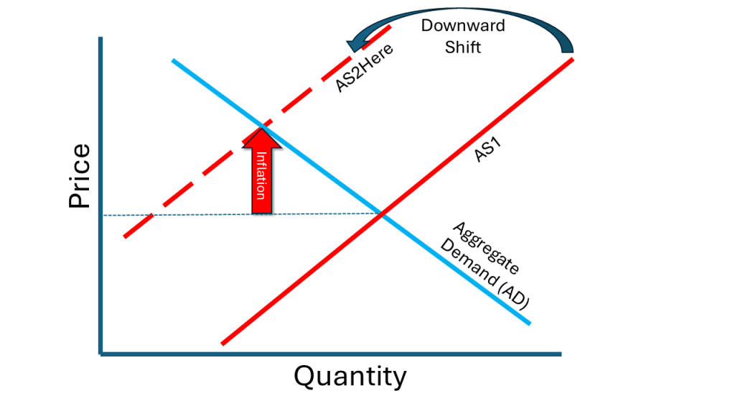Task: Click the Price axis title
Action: (80, 177)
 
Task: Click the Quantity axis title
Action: (350, 376)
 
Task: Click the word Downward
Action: (463, 26)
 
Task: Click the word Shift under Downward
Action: (463, 47)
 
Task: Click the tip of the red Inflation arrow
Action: (262, 129)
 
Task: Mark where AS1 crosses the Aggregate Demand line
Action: (381, 213)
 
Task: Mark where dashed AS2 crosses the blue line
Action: (262, 126)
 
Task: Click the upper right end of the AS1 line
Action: (572, 59)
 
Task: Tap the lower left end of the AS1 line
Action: (223, 344)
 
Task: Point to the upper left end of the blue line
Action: (173, 60)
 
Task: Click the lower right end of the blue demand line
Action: (529, 323)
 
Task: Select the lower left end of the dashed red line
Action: (125, 236)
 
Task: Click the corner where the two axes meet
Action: (101, 353)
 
